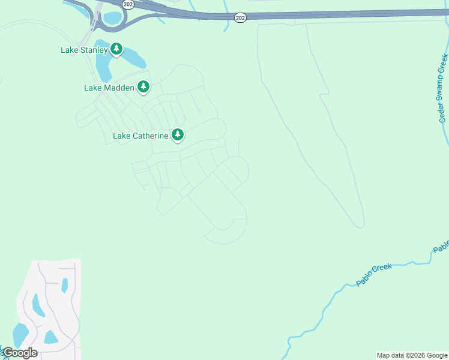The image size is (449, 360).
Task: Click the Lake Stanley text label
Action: (x=84, y=50)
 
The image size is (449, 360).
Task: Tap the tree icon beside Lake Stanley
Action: (x=116, y=49)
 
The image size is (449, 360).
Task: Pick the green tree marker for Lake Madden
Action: (x=143, y=87)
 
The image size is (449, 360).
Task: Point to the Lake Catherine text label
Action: (x=140, y=136)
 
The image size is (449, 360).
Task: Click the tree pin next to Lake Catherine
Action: (x=177, y=135)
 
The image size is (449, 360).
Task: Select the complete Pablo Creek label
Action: (x=373, y=274)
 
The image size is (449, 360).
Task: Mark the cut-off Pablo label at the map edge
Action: (x=441, y=246)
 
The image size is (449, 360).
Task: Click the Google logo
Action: (x=19, y=353)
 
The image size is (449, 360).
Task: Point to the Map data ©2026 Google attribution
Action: (x=412, y=355)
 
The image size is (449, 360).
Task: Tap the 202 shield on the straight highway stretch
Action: (x=241, y=19)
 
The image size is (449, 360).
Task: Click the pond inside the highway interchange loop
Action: (x=112, y=18)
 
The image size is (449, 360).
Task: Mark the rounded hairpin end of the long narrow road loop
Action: (x=359, y=225)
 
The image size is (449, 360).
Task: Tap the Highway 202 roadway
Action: (x=336, y=13)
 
